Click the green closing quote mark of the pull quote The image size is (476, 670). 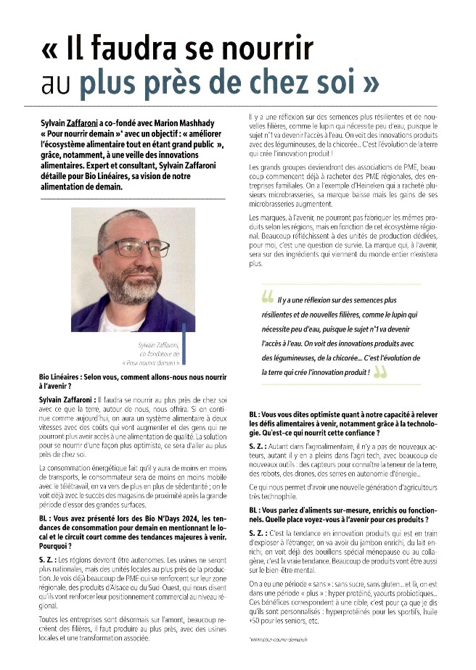tap(379, 371)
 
